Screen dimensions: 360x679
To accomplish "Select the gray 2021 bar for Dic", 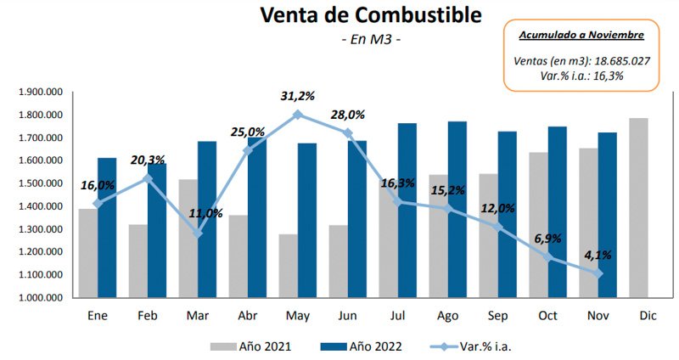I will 637,208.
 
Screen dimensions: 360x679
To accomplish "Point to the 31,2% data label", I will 297,96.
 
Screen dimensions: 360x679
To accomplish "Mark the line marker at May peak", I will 297,114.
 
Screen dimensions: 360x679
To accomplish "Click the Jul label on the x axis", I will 396,317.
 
